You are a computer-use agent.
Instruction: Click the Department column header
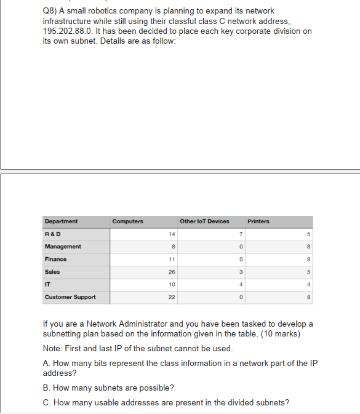point(62,221)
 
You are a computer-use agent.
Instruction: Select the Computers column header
point(128,221)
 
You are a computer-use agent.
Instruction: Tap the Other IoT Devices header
point(204,221)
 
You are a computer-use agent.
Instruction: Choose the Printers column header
point(258,221)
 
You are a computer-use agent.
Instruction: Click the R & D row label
point(53,234)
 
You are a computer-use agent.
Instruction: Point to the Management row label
point(63,247)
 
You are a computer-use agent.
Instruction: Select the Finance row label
point(56,259)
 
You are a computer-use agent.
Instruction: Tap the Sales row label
point(52,272)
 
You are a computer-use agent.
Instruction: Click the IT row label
point(48,284)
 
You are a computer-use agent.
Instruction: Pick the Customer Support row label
point(70,297)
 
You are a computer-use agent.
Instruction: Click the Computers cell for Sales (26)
point(172,272)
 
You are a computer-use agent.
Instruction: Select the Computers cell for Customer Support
point(172,297)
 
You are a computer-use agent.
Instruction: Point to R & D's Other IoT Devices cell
point(242,234)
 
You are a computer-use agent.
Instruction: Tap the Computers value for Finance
point(172,259)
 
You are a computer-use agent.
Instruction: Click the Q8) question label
point(50,10)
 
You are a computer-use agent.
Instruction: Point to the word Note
point(53,348)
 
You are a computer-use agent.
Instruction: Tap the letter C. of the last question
point(47,403)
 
